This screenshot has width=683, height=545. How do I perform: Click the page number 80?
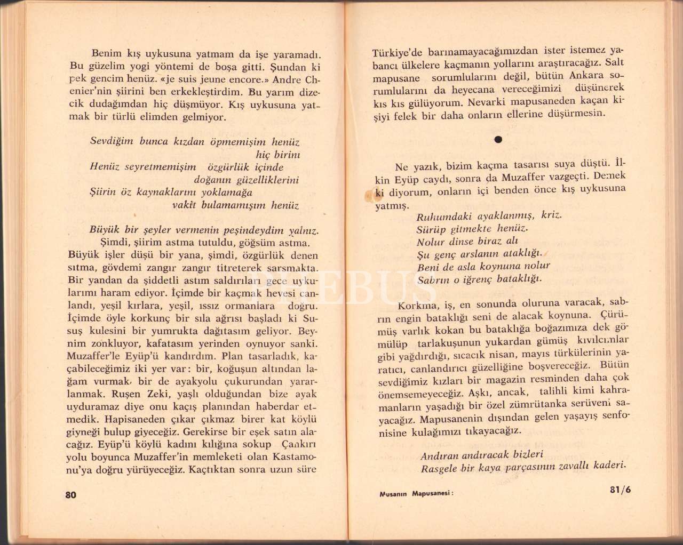(71, 494)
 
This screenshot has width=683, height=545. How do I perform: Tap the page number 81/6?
(620, 490)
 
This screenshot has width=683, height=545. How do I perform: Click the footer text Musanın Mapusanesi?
(416, 493)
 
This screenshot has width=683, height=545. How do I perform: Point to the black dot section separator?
(498, 140)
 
